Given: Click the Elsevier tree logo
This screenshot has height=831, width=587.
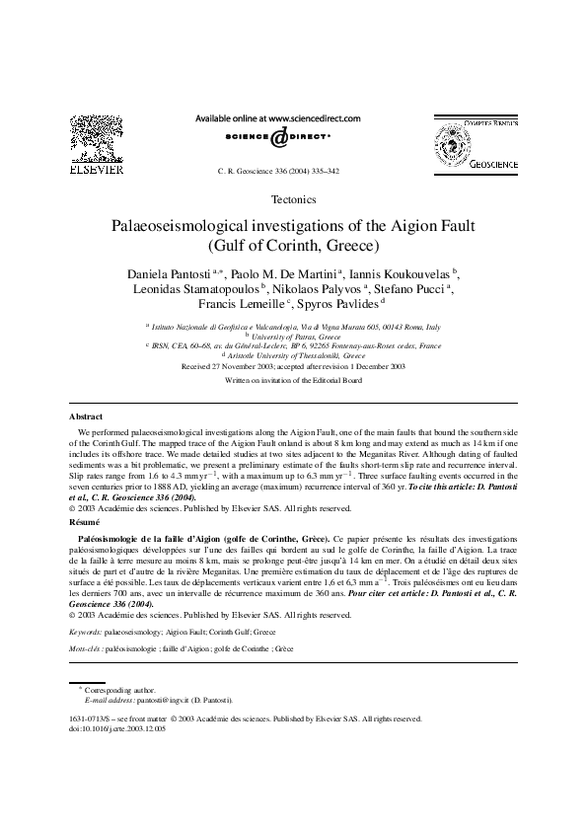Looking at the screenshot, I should tap(96, 137).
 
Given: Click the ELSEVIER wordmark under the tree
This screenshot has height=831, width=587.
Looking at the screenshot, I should tap(96, 169).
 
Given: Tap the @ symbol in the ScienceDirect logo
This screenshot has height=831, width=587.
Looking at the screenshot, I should tap(279, 138).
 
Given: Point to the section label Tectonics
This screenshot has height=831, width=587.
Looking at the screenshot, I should tap(293, 199).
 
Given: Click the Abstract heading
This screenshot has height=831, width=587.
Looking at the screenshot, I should tap(86, 446).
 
